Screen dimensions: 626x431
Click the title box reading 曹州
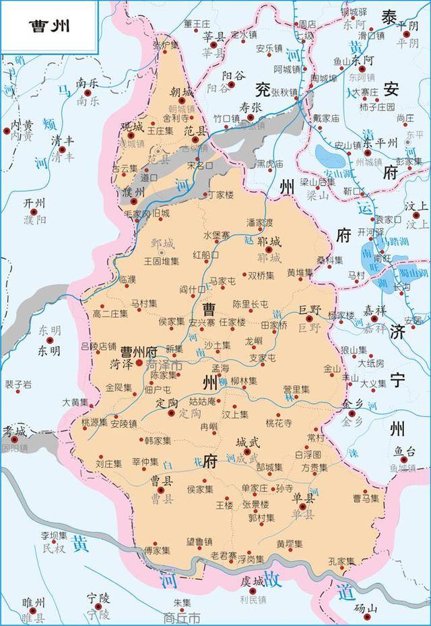pos(49,26)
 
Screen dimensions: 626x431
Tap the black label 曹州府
pos(138,351)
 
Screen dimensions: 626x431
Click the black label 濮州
pos(133,193)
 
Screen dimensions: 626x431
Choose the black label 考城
pos(13,431)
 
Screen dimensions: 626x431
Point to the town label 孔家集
pos(341,560)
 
